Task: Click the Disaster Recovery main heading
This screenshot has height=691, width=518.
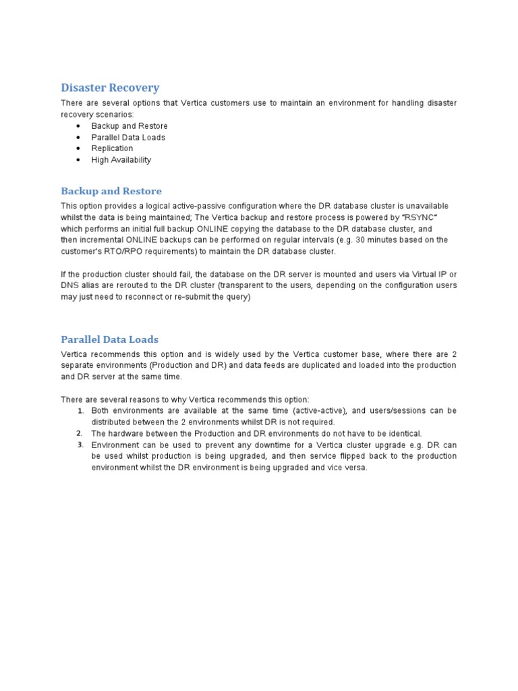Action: point(110,88)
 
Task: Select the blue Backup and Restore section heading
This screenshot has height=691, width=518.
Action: point(111,191)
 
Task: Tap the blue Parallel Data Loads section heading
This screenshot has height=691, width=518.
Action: point(109,339)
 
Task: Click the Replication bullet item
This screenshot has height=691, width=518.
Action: point(112,148)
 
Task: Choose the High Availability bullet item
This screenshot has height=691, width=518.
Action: point(121,160)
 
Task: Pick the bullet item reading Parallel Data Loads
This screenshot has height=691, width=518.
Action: point(128,138)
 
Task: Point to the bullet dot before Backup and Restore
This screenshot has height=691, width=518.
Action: point(79,126)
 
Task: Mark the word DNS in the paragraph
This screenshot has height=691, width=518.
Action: point(69,285)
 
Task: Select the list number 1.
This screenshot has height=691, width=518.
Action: point(80,411)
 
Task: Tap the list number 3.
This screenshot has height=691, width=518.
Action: point(80,445)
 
